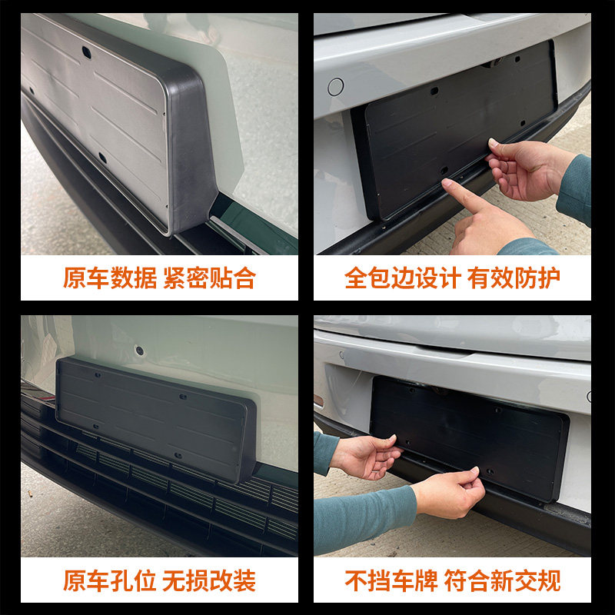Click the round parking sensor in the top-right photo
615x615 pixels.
click(x=335, y=87)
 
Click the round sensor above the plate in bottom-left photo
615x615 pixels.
click(x=139, y=350)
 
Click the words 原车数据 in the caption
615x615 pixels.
click(x=110, y=278)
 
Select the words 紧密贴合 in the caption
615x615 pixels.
click(x=209, y=278)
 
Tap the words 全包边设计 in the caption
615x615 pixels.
click(x=402, y=278)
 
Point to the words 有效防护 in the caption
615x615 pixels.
click(x=514, y=278)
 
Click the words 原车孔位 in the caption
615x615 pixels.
click(x=110, y=580)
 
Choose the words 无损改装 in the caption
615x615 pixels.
click(x=209, y=580)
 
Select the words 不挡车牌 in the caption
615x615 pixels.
click(x=391, y=580)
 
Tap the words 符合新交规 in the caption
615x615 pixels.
click(x=503, y=580)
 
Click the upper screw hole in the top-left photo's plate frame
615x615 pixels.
click(x=87, y=52)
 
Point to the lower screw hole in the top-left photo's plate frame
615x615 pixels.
click(x=102, y=158)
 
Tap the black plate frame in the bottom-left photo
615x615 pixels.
click(x=156, y=420)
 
